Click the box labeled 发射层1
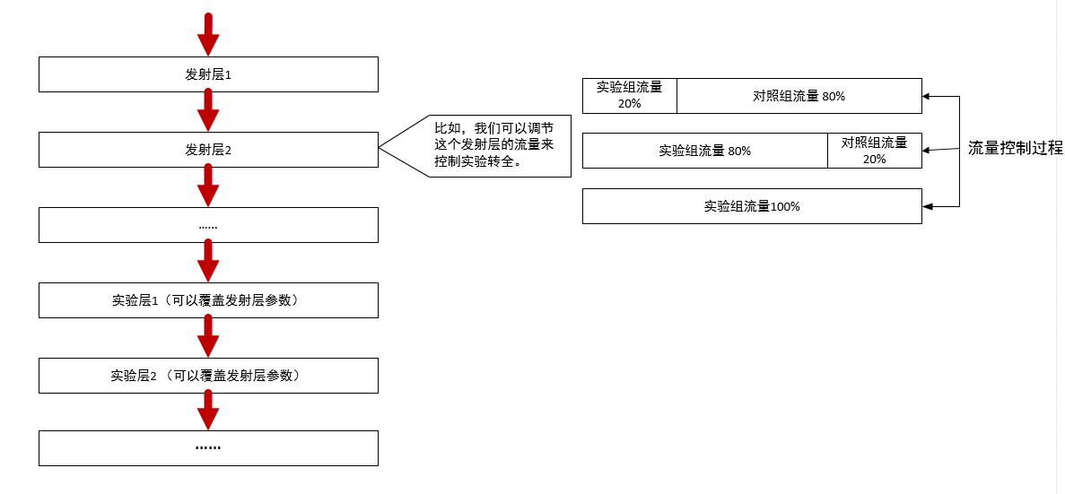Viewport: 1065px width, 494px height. [208, 74]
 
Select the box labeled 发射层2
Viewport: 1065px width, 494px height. [208, 150]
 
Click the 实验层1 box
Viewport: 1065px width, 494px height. [208, 300]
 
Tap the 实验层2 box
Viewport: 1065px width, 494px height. [208, 376]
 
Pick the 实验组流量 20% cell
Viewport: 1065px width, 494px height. [629, 95]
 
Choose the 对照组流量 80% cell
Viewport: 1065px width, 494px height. [799, 96]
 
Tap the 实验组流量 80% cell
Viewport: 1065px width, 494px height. [704, 151]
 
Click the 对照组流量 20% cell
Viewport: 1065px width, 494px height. [874, 151]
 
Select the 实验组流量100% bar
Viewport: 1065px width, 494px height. [752, 206]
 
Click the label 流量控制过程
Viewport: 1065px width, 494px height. [1015, 148]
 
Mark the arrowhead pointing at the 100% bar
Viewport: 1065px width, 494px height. [929, 206]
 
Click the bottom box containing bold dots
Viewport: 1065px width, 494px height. [208, 447]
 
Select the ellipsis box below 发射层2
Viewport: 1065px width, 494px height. [208, 225]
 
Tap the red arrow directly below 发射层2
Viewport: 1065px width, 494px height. [208, 186]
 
